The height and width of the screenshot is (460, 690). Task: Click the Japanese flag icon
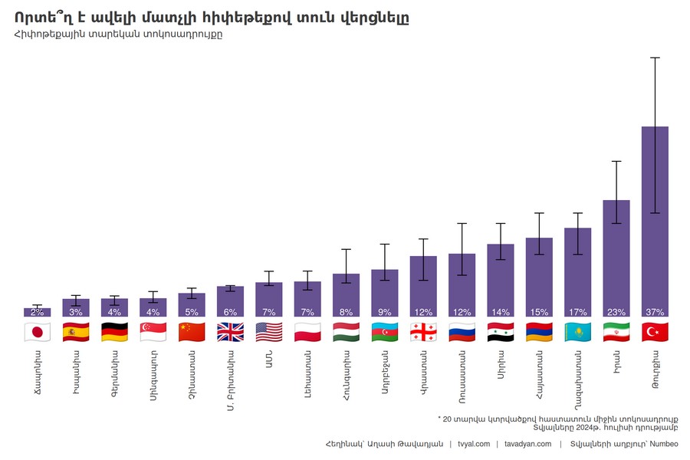[x=37, y=332]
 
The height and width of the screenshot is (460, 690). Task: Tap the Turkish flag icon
[x=655, y=332]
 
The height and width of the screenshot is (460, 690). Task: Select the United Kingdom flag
[x=230, y=332]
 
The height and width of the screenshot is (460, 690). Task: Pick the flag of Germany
[x=114, y=332]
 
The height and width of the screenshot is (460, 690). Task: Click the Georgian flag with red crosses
[x=423, y=332]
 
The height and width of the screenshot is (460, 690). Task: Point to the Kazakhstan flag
[x=577, y=332]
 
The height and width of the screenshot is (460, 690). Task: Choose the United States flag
[x=269, y=332]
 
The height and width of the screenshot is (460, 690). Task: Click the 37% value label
[x=655, y=312]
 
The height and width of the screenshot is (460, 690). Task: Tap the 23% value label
[x=616, y=312]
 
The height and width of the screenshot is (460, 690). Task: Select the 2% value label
[x=37, y=312]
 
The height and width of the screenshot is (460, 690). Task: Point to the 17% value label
[x=577, y=312]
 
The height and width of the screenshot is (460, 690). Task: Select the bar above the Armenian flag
[x=539, y=276]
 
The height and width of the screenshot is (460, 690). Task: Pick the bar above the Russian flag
[x=462, y=284]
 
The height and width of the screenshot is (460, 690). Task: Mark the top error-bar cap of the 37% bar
[x=655, y=58]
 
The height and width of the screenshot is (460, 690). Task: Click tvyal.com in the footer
[x=474, y=444]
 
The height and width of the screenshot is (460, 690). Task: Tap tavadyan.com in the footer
[x=528, y=444]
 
